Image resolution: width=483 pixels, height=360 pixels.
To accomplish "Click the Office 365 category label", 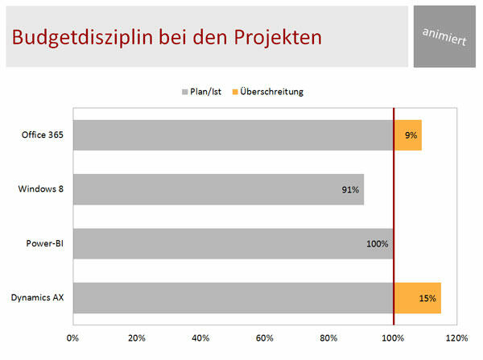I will (x=43, y=135).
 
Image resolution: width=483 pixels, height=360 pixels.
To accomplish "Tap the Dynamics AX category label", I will (x=38, y=298).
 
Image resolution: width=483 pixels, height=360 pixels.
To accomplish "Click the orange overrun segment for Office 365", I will (x=408, y=135).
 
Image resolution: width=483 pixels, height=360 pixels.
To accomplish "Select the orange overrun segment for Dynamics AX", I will (x=417, y=298).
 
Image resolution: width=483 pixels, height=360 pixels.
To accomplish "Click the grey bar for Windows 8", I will (x=217, y=189).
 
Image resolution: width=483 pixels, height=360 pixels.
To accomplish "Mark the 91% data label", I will (x=350, y=190).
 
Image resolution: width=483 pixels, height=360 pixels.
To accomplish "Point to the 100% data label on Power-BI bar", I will (x=378, y=244).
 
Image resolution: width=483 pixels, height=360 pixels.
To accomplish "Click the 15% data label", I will (x=427, y=298).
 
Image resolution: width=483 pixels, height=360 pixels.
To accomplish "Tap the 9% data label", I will (x=411, y=135).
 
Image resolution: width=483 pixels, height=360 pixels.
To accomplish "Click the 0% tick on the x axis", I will (x=72, y=337).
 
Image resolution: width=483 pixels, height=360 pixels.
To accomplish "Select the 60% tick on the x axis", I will (x=265, y=337).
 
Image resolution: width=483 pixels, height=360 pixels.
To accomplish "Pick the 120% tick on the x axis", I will (x=456, y=337).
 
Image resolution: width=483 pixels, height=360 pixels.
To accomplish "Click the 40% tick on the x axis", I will (x=200, y=337).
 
